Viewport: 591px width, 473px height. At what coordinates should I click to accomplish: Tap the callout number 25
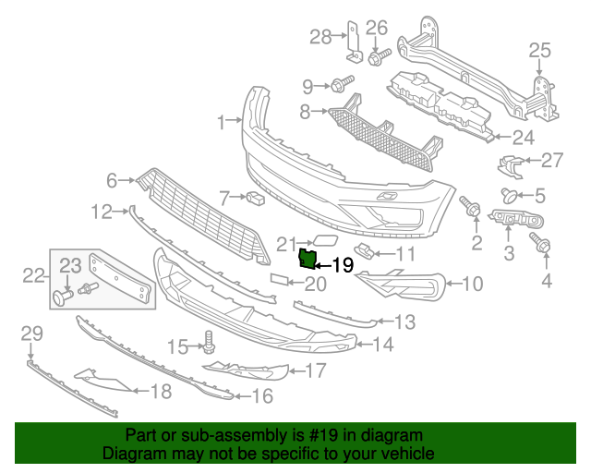[538, 51]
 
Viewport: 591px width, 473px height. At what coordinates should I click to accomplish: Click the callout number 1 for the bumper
[222, 122]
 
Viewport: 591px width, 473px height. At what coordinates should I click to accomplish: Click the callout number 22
[33, 274]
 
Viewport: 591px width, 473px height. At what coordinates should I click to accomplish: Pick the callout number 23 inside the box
[71, 266]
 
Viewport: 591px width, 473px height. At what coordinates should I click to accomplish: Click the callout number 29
[31, 333]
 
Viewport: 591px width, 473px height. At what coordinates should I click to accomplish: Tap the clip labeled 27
[508, 164]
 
